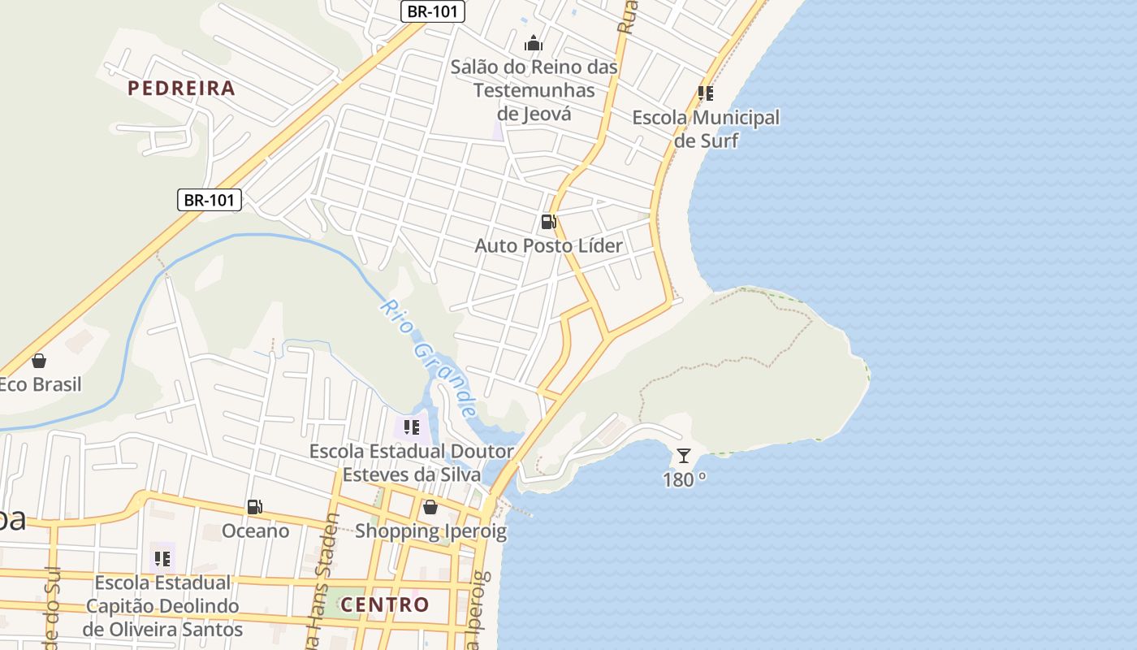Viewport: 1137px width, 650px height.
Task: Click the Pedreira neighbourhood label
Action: click(x=181, y=88)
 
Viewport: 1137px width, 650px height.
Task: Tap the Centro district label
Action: click(x=384, y=604)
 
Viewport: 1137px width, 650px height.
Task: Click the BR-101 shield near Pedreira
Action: click(x=210, y=200)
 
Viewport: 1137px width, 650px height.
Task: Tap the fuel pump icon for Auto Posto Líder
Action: click(x=549, y=221)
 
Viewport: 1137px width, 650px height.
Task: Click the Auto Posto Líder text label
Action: click(x=548, y=245)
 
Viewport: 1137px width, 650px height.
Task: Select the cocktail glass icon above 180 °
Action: click(x=684, y=456)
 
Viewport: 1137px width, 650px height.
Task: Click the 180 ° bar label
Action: click(x=684, y=479)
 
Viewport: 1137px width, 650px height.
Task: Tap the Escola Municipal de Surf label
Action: click(x=706, y=129)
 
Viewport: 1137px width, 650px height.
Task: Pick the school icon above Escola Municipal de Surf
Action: click(x=706, y=93)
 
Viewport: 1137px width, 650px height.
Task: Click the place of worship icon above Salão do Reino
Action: click(x=534, y=43)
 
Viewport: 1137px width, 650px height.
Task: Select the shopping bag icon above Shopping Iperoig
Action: click(x=430, y=508)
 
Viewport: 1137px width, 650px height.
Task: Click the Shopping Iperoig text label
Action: click(x=430, y=531)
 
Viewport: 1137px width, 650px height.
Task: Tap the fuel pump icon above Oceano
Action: click(x=255, y=507)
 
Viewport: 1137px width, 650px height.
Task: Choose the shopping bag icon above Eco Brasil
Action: click(x=38, y=361)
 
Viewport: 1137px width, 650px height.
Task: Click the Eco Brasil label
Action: click(x=40, y=384)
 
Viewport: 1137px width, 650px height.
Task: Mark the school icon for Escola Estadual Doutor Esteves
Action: click(x=412, y=427)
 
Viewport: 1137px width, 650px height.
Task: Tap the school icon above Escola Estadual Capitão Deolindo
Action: click(x=162, y=559)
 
